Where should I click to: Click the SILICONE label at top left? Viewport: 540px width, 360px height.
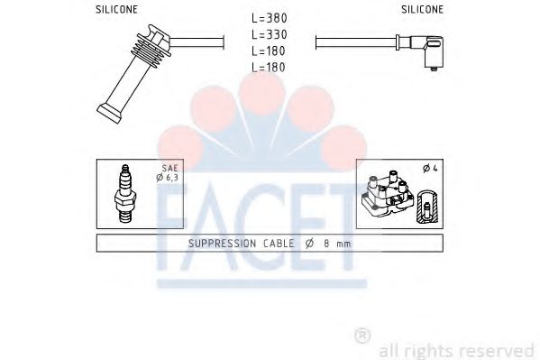116,9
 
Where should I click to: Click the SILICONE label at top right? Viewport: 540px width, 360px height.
422,9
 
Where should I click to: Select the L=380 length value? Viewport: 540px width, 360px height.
270,18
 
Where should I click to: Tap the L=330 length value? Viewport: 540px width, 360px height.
270,34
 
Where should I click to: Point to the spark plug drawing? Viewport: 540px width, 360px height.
125,194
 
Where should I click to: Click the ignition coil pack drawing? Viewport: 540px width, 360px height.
387,193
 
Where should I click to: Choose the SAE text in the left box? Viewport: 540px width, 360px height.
170,168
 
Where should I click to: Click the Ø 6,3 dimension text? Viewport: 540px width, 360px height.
167,178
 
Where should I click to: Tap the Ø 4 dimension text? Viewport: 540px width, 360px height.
430,169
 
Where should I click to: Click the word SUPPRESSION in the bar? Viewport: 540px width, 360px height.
222,244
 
